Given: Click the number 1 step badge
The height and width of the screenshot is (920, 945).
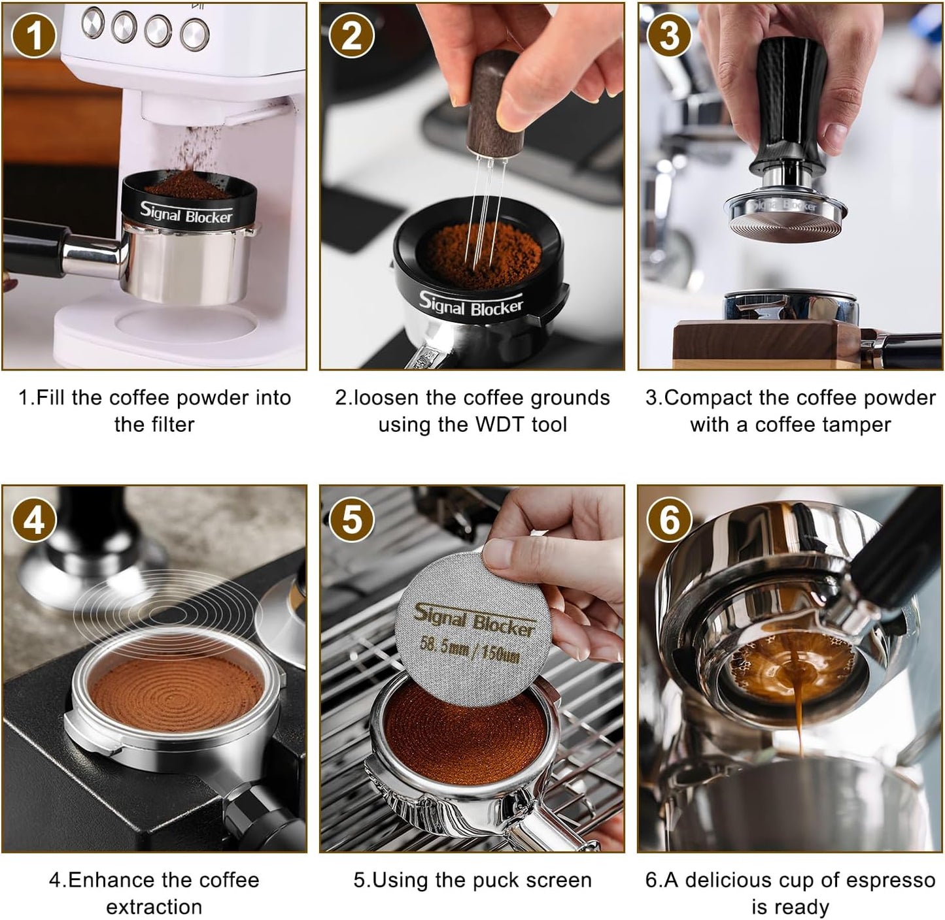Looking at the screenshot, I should coord(33,36).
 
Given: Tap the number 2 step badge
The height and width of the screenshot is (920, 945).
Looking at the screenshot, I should coord(351,36).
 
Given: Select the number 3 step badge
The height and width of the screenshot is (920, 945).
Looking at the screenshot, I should coord(669,36).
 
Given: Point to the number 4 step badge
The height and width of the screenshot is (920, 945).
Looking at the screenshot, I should coord(33,521).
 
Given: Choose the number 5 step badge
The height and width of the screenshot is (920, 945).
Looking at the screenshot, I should coord(351,521).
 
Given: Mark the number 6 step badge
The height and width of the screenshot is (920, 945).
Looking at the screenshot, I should coord(669,521).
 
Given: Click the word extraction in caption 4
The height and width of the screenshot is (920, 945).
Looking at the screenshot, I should coord(154,907).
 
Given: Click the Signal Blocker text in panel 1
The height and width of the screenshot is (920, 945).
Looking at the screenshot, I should coord(186,213).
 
